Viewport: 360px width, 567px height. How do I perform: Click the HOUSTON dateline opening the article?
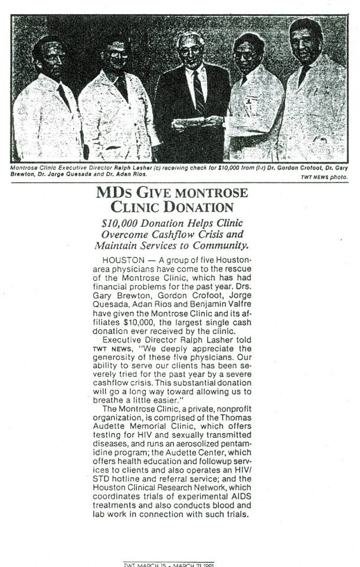pos(120,260)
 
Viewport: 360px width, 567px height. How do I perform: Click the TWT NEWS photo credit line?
pos(326,177)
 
